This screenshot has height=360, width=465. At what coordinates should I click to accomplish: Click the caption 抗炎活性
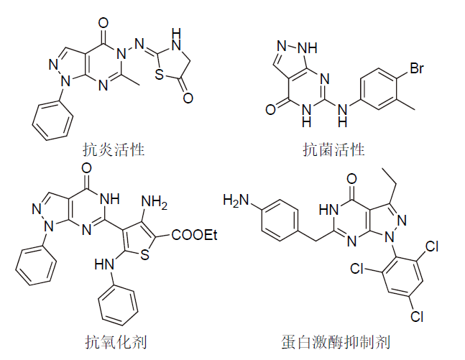point(114,150)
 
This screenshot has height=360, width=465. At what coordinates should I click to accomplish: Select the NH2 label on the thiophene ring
point(155,206)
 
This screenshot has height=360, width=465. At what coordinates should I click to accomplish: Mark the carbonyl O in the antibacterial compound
point(270,110)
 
